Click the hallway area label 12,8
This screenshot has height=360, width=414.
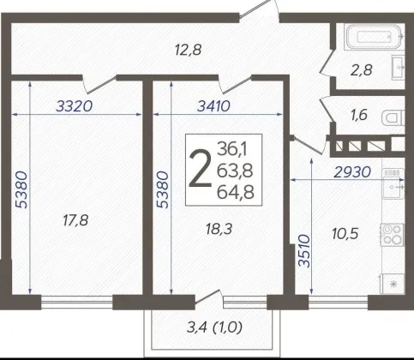point(189,50)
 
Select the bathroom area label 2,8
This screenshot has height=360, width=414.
point(361,70)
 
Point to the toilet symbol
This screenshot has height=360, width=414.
point(393,117)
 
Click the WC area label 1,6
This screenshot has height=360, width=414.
point(358,115)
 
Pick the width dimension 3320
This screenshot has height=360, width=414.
point(75,106)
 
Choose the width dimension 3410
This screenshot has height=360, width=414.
point(213,106)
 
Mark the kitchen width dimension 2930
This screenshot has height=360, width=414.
point(352,172)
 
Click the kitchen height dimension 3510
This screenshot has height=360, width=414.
point(304,251)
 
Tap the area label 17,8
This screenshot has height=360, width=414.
point(75,220)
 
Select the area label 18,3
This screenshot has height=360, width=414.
point(219,229)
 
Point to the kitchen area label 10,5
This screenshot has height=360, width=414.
point(345,234)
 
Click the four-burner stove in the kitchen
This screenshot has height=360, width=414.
point(392,235)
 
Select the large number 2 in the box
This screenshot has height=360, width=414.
point(201,169)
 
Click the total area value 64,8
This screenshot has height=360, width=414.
point(236,192)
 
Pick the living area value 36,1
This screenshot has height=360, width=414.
point(231,149)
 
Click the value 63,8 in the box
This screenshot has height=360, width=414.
point(235,171)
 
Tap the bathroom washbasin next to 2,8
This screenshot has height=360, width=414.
point(398,68)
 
